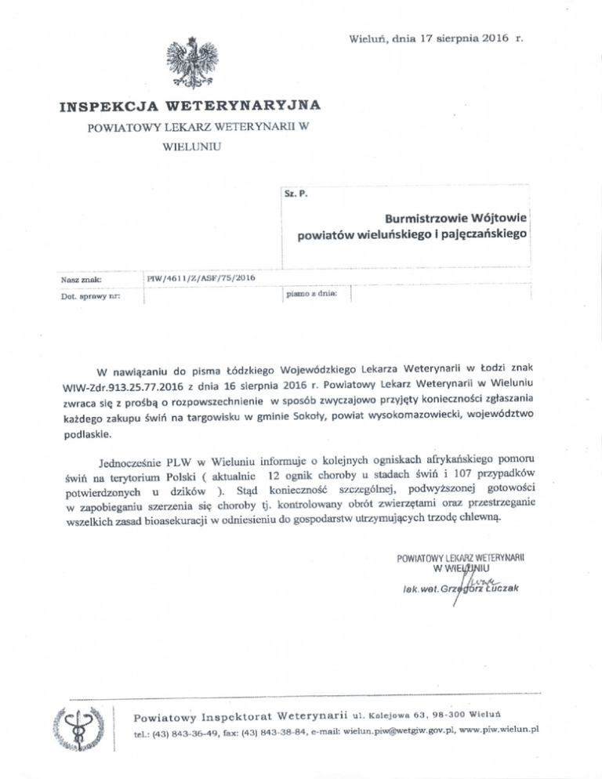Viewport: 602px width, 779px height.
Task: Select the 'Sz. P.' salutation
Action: tap(296, 193)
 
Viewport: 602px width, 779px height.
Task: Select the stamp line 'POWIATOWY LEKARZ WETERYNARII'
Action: tap(461, 557)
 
